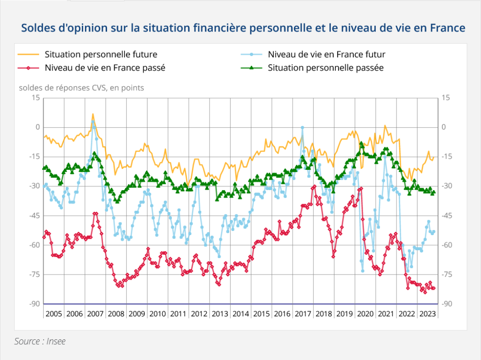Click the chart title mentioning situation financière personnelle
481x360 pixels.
243,28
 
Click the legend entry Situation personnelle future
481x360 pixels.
101,54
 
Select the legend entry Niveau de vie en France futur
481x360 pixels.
326,54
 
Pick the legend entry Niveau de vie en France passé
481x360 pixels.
105,68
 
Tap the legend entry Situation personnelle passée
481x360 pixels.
326,68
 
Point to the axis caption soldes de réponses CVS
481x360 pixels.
81,87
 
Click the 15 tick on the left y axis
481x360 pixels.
35,98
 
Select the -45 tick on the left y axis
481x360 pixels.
33,216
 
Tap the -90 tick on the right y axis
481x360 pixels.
447,304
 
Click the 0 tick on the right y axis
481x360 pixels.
444,127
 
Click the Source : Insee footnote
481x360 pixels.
40,341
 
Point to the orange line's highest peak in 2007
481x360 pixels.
93,114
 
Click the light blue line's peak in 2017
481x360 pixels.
302,127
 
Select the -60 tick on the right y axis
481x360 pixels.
447,245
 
